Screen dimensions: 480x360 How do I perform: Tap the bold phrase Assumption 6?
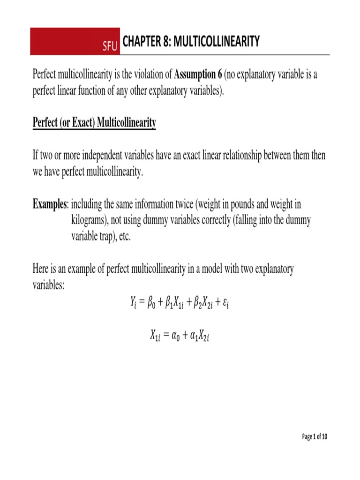point(199,75)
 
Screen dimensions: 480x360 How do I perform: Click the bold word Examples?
point(50,204)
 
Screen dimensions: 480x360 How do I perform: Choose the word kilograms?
point(92,220)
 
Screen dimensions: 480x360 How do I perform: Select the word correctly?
point(210,220)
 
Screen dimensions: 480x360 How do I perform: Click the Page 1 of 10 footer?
point(315,437)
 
